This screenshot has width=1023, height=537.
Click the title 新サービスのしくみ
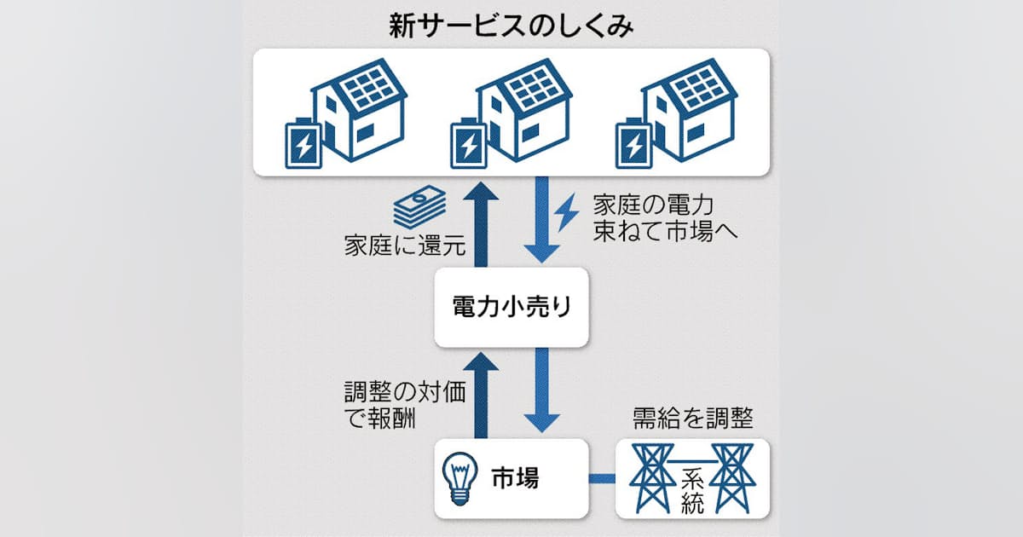[x=511, y=26]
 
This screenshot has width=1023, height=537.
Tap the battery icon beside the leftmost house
[x=303, y=144]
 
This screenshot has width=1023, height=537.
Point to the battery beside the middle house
[x=469, y=144]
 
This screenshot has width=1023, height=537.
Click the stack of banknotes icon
[x=420, y=209]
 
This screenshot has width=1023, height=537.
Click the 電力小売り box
[x=511, y=307]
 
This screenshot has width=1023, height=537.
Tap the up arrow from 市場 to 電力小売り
[x=483, y=392]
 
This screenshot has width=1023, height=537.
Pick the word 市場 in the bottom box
[x=516, y=478]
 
